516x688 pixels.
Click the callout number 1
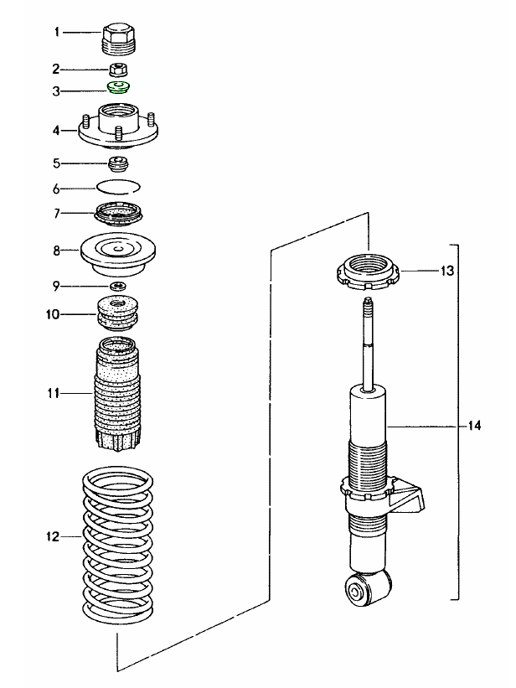point(57,33)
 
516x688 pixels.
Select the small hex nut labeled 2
point(117,68)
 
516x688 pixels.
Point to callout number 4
point(57,130)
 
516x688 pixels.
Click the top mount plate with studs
point(118,127)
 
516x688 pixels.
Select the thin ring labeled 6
point(118,186)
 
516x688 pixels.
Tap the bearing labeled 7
point(117,214)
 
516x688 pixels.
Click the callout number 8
point(57,250)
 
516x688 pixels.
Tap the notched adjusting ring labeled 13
point(369,272)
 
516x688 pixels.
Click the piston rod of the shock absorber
point(368,344)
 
